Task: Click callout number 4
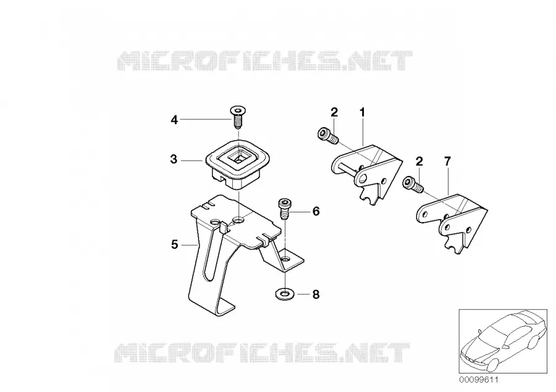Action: (174, 120)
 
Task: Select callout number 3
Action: (174, 159)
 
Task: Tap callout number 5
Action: (174, 244)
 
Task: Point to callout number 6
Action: (316, 211)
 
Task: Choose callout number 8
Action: (316, 294)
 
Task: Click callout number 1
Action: (362, 113)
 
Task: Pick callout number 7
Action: (447, 162)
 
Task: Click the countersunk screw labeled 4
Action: (238, 118)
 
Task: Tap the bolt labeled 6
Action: (284, 209)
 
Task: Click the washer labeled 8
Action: (283, 294)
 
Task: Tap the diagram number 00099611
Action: (479, 380)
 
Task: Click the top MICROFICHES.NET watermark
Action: (264, 60)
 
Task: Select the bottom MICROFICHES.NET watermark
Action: (263, 352)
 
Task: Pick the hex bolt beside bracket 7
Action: (413, 185)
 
